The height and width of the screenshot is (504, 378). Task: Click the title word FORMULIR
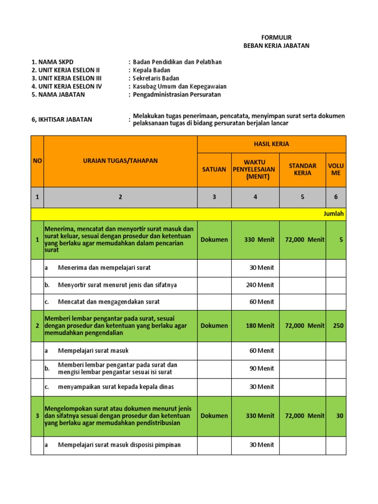tap(276, 38)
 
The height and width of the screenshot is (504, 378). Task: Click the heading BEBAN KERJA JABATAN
tap(276, 46)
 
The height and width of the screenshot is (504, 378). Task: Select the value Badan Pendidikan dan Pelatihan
tap(177, 62)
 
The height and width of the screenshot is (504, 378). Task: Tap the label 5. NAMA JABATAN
tap(58, 94)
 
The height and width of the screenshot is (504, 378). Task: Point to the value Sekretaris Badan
tap(156, 78)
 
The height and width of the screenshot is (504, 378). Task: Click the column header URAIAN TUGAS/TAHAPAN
tap(120, 160)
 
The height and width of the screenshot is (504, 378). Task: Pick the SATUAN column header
tap(214, 169)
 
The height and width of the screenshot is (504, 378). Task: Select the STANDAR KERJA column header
tap(302, 169)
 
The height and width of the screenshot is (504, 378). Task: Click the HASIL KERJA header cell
tap(272, 144)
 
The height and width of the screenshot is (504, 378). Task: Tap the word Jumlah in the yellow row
tap(334, 214)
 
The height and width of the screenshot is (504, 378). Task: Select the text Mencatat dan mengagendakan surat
tap(109, 302)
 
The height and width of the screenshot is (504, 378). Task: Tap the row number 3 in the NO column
tap(37, 416)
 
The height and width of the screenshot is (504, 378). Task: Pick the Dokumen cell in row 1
tap(214, 240)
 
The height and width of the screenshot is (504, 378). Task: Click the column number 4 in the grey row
tap(255, 197)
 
